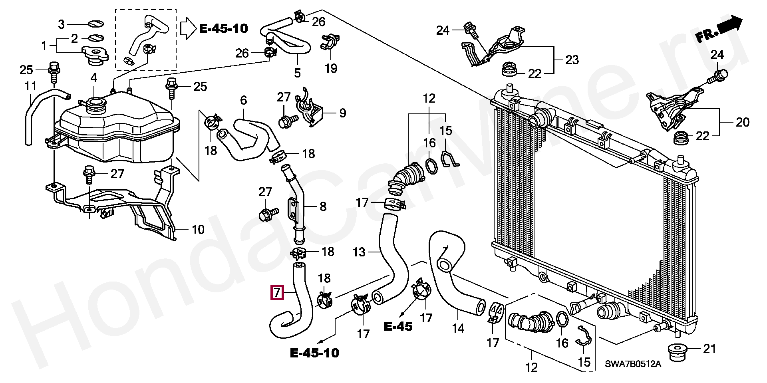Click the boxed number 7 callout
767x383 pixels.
277,293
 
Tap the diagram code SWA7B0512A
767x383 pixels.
633,364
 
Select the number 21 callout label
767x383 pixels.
709,349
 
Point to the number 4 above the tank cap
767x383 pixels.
93,77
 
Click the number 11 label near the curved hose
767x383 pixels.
30,86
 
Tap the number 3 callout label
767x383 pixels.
61,24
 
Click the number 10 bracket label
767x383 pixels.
198,230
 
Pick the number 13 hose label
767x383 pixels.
359,252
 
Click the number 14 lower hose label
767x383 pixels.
458,328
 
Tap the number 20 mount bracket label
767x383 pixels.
743,122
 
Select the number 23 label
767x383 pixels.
572,60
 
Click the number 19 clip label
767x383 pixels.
331,68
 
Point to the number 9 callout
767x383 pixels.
343,113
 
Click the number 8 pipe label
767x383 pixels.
323,206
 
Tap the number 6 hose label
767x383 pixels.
244,100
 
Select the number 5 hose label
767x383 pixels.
297,73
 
